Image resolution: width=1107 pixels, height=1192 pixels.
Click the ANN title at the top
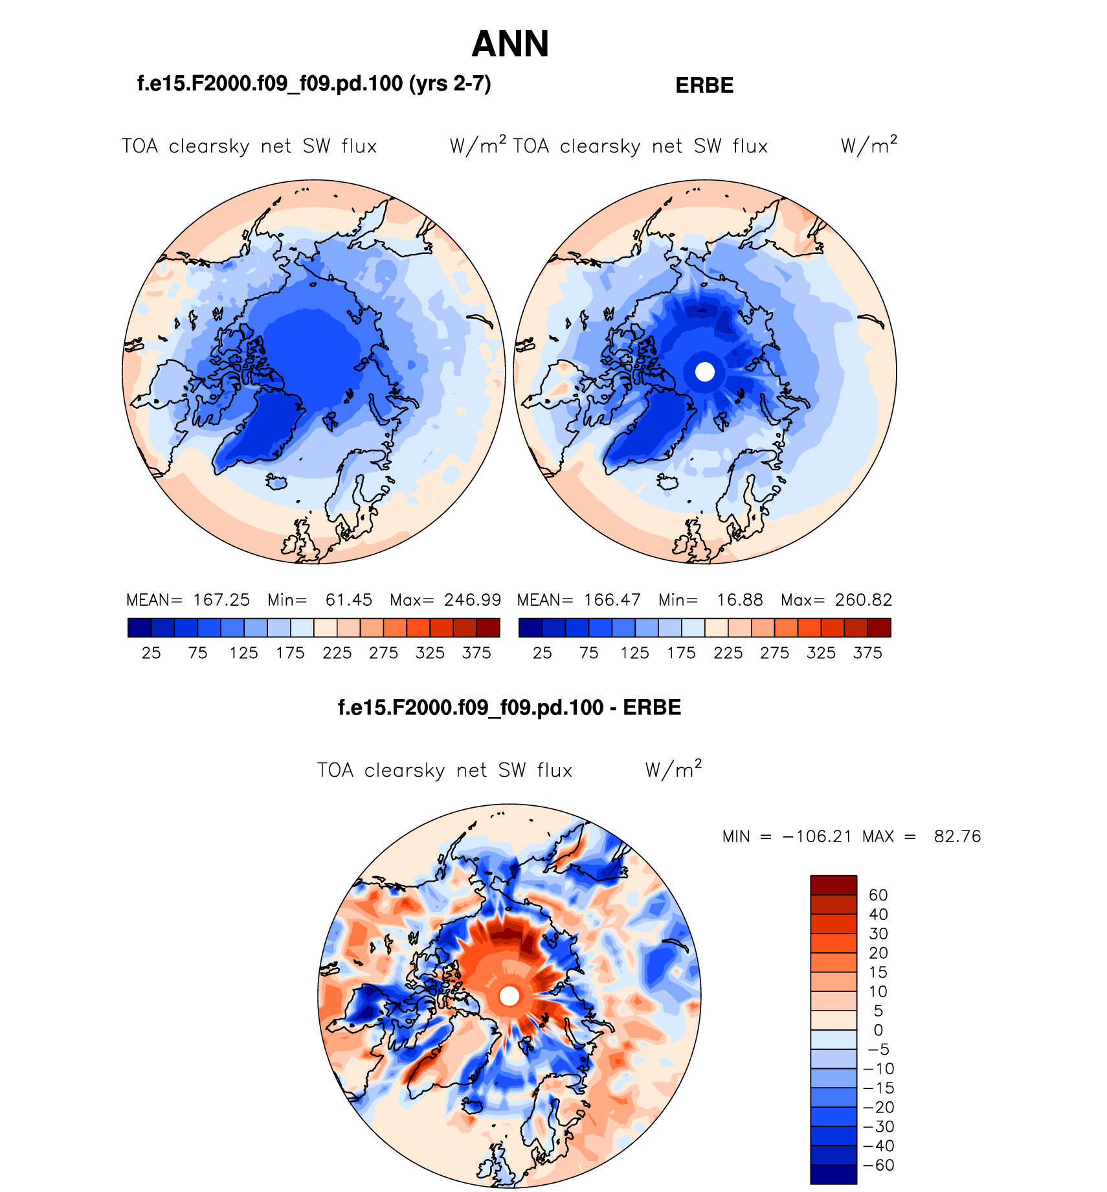tap(510, 44)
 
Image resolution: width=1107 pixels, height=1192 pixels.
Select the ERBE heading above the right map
tap(704, 86)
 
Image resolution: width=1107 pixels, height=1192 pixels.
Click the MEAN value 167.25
tap(221, 600)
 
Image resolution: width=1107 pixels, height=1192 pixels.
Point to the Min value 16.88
tap(740, 600)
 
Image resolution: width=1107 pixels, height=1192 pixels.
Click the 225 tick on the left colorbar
tap(337, 653)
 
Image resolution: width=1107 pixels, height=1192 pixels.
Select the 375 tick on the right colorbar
tap(867, 653)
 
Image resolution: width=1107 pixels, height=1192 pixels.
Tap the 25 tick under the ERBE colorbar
tap(542, 653)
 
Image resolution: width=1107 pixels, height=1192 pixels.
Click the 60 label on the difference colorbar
tap(878, 895)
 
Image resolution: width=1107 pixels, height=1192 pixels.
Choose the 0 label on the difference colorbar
tap(878, 1030)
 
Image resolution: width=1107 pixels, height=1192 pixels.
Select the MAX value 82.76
tap(957, 837)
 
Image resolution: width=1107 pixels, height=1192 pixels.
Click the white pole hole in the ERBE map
tap(704, 372)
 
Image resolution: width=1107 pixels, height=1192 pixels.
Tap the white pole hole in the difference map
tap(509, 996)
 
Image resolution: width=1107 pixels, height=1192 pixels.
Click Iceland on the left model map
tap(277, 482)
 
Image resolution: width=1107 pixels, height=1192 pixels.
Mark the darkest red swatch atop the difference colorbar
tap(833, 885)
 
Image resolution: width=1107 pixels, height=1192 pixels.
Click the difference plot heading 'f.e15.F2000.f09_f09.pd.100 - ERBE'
tap(509, 707)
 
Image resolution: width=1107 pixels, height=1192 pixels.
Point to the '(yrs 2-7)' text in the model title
tap(450, 84)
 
